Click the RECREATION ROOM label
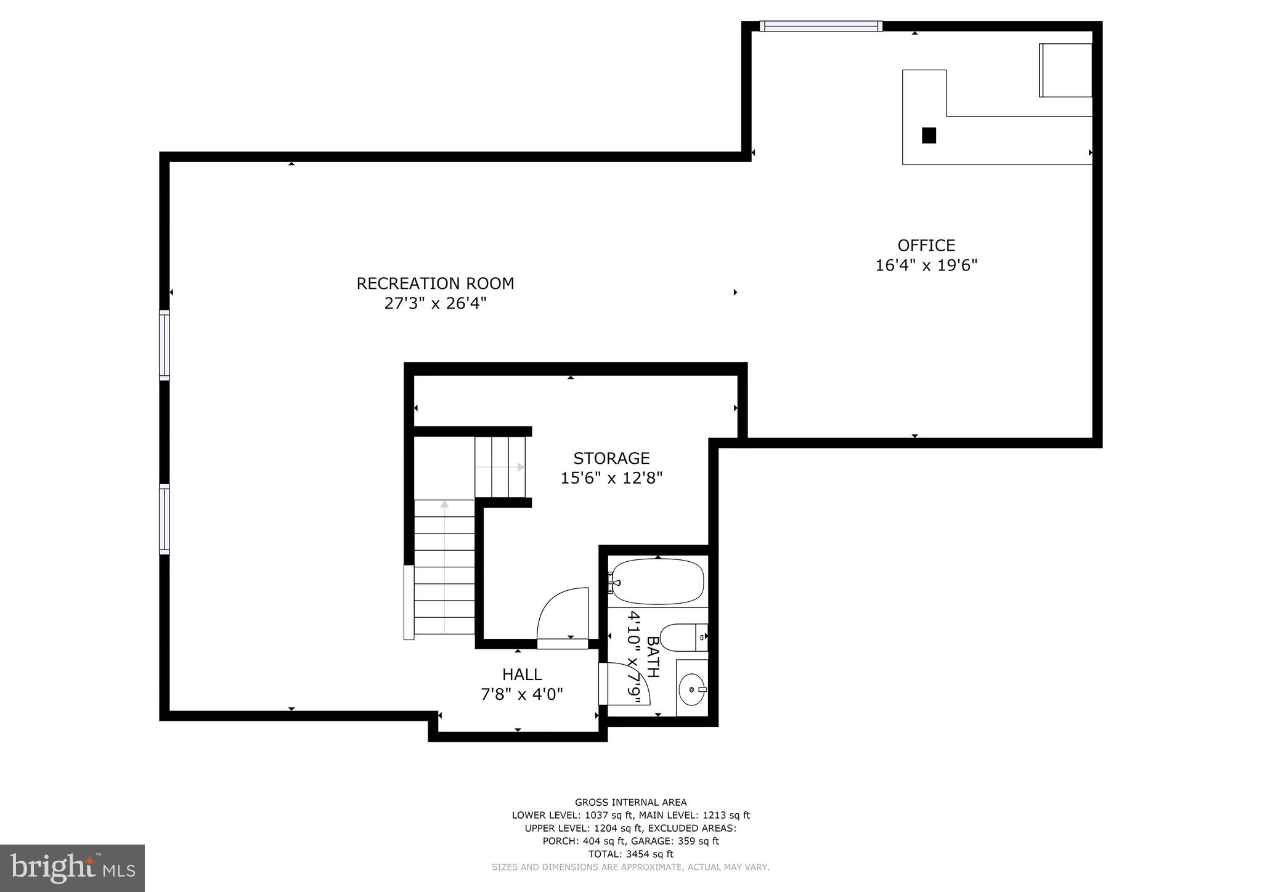435,283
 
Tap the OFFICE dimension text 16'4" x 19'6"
926,266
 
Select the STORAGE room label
611,458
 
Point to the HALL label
522,675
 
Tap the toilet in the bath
681,637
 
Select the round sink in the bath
692,691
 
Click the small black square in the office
929,136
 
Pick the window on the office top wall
820,26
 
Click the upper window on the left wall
164,344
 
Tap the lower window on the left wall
164,519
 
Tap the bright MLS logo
73,869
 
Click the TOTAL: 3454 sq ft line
630,854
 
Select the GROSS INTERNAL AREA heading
630,802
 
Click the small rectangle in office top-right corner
1065,70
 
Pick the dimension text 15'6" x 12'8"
611,478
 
